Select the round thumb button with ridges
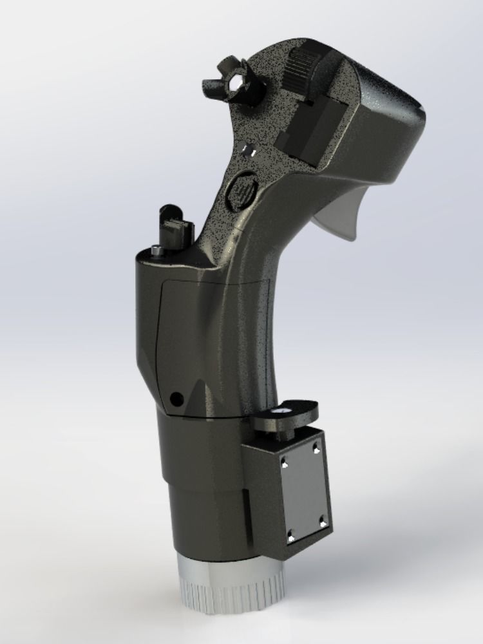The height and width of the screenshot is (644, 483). tap(243, 189)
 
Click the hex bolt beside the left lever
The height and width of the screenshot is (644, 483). tap(156, 251)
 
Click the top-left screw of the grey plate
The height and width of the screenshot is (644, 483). tap(283, 460)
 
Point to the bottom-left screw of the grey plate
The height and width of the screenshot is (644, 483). tap(290, 534)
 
